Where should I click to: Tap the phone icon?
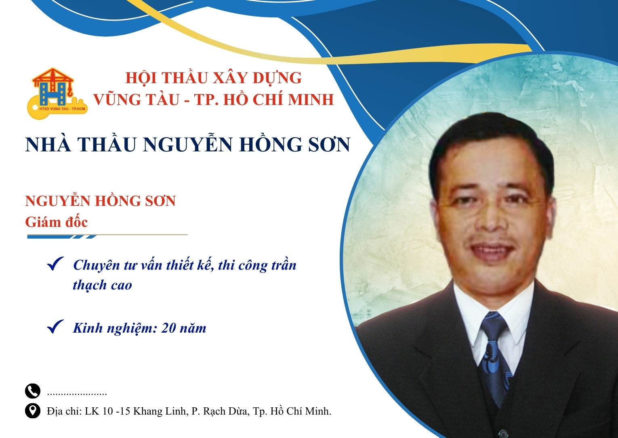(x=33, y=391)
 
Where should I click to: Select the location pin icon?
(x=33, y=411)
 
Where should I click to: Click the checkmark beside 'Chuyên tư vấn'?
(x=55, y=264)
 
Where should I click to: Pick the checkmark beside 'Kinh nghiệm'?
(x=55, y=327)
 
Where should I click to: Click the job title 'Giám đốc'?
(x=56, y=222)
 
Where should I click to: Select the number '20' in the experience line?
(x=168, y=328)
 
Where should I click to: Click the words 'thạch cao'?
(x=102, y=285)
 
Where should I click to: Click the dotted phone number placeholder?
(x=77, y=393)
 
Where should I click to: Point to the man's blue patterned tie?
(x=495, y=355)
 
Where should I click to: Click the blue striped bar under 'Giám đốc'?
(x=61, y=237)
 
